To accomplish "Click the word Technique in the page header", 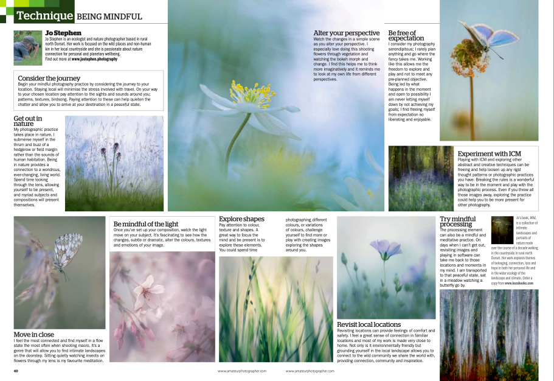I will pos(44,15).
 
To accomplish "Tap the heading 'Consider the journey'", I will pos(49,79).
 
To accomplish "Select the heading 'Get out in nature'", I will pos(28,122).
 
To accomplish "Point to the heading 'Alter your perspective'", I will pos(347,33).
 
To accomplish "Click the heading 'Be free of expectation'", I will pos(406,35).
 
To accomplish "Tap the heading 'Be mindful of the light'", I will pos(146,224).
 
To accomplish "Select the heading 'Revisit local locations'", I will pos(369,324).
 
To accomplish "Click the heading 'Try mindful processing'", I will pos(457,222).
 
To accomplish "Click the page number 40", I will pos(16,370).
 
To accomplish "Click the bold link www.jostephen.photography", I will pos(94,59).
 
